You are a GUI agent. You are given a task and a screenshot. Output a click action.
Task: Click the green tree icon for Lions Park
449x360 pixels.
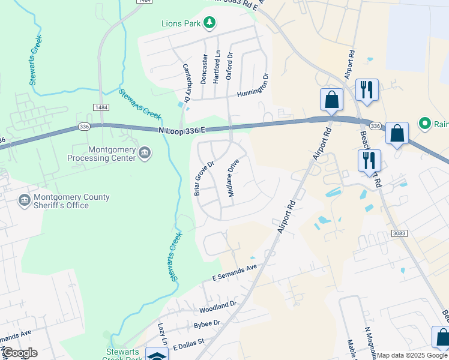tap(209, 23)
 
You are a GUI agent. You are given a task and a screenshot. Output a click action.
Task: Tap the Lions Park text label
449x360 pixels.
tap(181, 24)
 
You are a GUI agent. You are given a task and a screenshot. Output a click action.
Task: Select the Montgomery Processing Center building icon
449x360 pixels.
tap(145, 154)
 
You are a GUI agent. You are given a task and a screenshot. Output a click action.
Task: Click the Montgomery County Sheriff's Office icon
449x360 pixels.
tap(25, 200)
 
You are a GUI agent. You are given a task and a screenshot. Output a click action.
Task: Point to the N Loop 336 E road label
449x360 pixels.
tap(182, 130)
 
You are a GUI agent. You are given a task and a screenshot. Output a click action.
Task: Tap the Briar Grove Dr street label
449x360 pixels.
tap(204, 178)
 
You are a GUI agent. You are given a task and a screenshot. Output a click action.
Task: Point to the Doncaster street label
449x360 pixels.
tap(205, 68)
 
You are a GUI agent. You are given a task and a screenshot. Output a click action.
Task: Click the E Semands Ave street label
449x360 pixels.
tap(235, 273)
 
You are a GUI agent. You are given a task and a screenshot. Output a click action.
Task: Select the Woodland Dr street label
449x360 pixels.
tap(218, 306)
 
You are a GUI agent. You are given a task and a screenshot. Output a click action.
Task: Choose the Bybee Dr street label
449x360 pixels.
tap(207, 323)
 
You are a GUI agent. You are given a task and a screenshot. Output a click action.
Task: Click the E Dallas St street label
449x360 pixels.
tap(188, 344)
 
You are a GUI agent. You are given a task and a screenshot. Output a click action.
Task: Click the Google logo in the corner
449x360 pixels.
tap(20, 353)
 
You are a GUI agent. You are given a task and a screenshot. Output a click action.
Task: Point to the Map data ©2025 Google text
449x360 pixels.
tap(412, 355)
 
